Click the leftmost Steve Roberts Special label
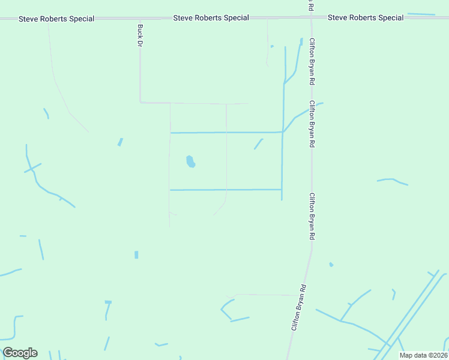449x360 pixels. [x=56, y=19]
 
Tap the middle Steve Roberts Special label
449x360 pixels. [x=211, y=18]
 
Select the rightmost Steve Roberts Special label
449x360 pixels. [x=366, y=18]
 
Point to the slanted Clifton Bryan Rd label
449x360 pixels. [x=299, y=308]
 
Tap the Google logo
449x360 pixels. [x=20, y=353]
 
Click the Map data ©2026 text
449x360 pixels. [x=423, y=355]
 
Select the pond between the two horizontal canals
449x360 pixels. [x=190, y=161]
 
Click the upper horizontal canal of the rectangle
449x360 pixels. [x=226, y=132]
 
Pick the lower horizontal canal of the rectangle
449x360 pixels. [x=226, y=190]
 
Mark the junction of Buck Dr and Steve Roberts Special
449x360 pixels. [x=140, y=19]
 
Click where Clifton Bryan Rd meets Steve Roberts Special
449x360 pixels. [x=311, y=18]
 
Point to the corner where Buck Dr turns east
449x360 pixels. [x=140, y=102]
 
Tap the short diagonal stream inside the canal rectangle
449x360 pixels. [x=259, y=144]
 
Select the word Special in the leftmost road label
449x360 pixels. [x=81, y=19]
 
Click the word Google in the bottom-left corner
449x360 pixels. [x=20, y=353]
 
